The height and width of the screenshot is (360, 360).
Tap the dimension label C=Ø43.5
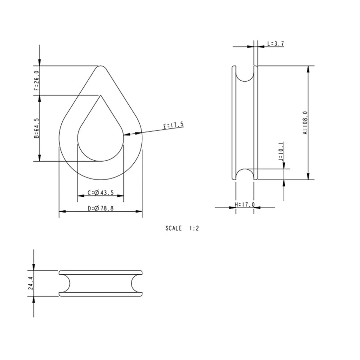101,193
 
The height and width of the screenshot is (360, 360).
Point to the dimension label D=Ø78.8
101,208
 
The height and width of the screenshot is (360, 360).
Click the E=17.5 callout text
173,125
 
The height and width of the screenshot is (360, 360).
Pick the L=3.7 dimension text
275,44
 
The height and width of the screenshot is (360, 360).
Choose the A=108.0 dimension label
305,123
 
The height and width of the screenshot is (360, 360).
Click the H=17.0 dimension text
245,205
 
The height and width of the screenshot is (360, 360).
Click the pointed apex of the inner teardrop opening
101,95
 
